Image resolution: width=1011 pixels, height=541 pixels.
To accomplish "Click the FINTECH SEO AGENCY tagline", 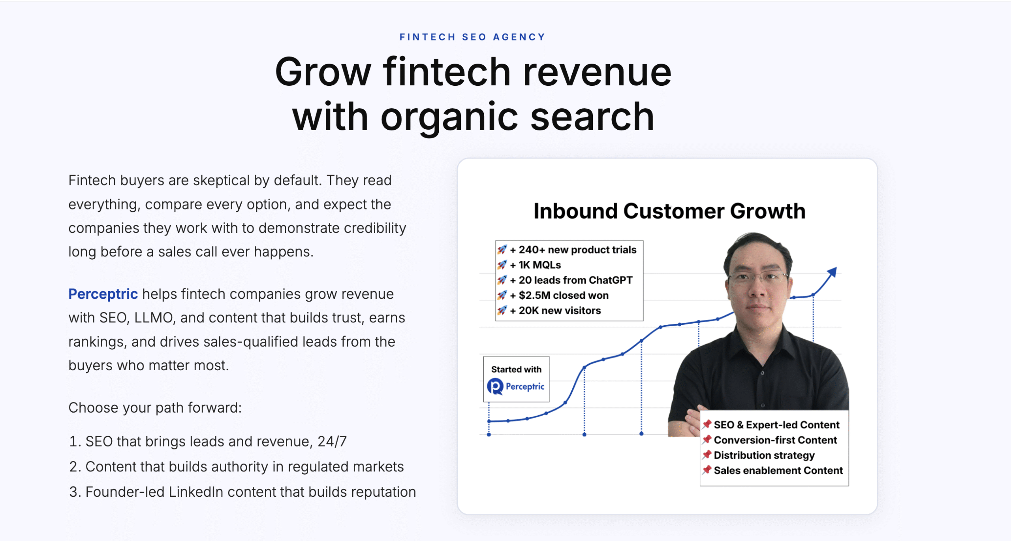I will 472,37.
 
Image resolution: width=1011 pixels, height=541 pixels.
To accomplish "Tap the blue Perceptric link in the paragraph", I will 103,294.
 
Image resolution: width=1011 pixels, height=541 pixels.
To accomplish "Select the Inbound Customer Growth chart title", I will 669,211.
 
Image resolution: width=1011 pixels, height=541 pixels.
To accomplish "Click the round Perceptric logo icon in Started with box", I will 495,386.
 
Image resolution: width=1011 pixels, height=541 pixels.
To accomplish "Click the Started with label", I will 516,369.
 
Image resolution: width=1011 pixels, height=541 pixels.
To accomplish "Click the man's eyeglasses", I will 757,277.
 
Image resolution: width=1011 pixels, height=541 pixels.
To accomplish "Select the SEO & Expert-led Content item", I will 776,425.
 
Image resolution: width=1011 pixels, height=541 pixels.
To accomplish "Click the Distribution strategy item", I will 764,455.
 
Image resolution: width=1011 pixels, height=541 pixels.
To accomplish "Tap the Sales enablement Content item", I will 778,470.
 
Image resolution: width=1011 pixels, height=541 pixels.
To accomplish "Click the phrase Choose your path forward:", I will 155,407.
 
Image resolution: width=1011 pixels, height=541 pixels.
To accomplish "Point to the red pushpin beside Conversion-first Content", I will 707,439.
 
